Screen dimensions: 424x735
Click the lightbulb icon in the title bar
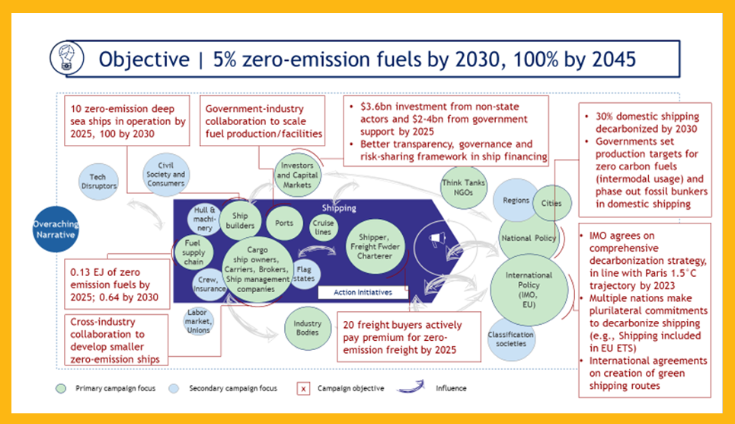click(x=61, y=58)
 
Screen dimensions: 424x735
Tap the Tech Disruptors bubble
click(x=97, y=181)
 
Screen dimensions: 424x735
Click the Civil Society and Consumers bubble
click(x=165, y=173)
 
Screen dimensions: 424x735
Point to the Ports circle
click(x=284, y=223)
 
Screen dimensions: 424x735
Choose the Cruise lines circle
click(x=323, y=227)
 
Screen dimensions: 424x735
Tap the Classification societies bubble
click(x=511, y=339)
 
